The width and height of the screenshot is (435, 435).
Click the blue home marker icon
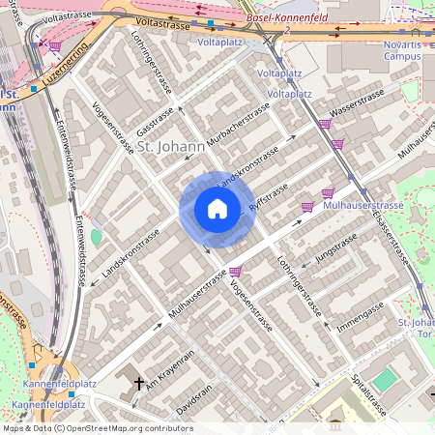tap(217, 209)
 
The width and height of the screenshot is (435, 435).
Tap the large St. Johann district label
tap(169, 147)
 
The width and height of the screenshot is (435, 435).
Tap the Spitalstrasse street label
tap(367, 394)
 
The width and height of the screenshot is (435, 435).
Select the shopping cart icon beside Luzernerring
tap(55, 45)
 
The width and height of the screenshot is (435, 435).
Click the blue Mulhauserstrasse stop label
tap(363, 206)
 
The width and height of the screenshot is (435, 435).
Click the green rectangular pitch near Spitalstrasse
tap(386, 379)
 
